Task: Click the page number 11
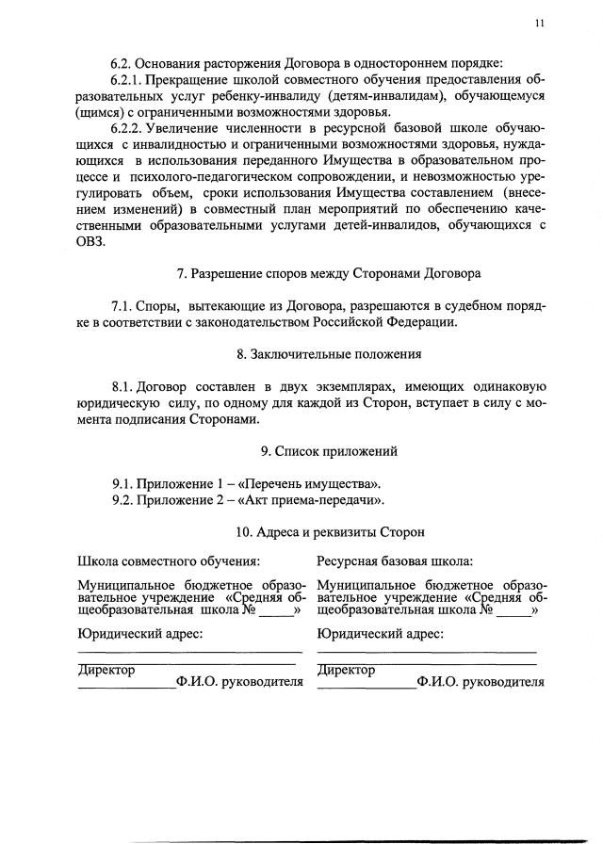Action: click(540, 25)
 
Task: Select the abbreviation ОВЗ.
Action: click(93, 240)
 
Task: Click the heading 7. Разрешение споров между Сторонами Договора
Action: click(329, 274)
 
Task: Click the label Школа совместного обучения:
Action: click(168, 562)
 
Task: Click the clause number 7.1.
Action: click(125, 306)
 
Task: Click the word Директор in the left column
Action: click(106, 670)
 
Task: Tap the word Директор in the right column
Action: click(346, 670)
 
